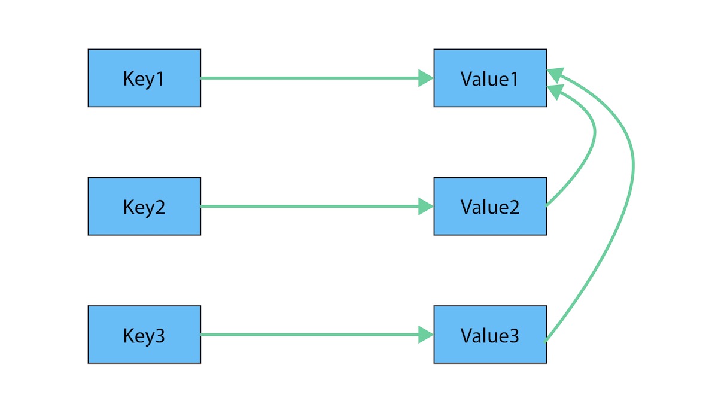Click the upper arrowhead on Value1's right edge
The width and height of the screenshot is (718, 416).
tap(555, 74)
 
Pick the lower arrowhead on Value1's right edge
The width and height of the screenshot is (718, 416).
tap(555, 91)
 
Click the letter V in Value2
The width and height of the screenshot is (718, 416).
tap(467, 207)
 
